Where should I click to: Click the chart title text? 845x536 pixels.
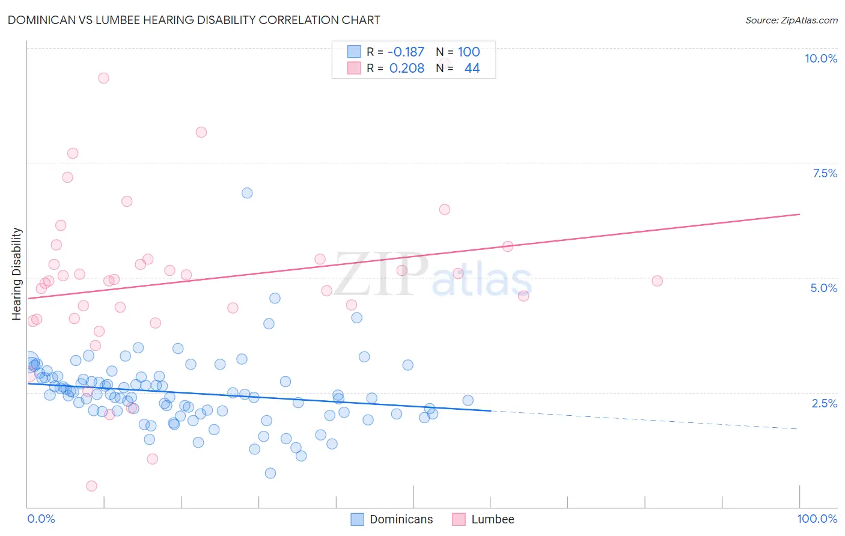coord(194,20)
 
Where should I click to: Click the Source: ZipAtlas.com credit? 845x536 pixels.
coord(791,20)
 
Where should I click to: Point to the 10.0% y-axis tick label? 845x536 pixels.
coord(820,58)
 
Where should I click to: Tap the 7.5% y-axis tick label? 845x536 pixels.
coord(825,173)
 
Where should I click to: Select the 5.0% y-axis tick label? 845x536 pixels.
coord(823,288)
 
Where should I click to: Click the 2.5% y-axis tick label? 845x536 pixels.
coord(824,403)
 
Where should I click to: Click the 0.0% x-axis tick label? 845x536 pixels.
coord(41,519)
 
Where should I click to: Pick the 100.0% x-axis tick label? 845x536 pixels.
coord(817,519)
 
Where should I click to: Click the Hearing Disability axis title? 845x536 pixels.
coord(17,273)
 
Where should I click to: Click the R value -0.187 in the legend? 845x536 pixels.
coord(406,52)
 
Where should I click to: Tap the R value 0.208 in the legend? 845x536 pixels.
coord(407,68)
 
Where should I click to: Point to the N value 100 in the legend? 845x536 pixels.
coord(469,52)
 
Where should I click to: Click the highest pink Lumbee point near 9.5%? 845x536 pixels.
coord(103,78)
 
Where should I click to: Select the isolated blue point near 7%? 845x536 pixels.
coord(247,193)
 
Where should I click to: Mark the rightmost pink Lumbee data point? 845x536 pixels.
coord(657,281)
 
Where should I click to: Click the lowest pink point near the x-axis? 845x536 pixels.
coord(91,486)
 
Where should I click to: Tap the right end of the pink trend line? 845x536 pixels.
coord(799,214)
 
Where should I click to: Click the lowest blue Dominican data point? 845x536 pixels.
coord(270,474)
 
